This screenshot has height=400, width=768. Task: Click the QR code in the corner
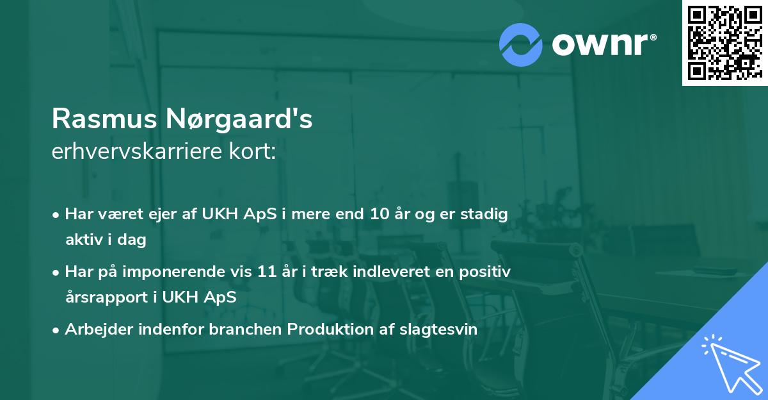724,42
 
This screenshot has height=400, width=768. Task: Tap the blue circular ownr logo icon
520,44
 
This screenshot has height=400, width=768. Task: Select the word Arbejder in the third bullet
96,329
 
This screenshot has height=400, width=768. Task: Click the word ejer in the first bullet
150,215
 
